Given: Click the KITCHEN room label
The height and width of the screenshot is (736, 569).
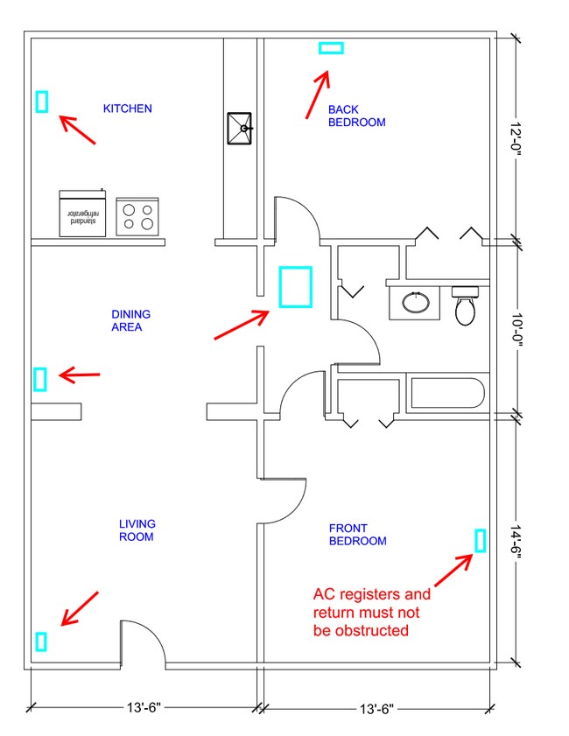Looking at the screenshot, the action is (127, 109).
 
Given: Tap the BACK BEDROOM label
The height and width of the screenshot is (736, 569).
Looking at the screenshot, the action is (357, 116).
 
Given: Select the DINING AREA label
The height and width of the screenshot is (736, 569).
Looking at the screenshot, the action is (131, 320).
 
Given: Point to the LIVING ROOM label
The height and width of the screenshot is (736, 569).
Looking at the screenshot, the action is (137, 530).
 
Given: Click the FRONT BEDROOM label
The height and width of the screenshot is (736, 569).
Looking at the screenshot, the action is (358, 535).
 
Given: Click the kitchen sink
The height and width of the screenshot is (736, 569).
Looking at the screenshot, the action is (240, 128).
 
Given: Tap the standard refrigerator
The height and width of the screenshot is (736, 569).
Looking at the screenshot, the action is (82, 214).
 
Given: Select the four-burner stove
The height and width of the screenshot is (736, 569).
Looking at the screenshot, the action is (137, 216).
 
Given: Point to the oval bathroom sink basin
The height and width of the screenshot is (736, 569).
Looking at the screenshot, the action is (416, 302).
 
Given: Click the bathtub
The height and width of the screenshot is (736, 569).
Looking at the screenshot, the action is (447, 393).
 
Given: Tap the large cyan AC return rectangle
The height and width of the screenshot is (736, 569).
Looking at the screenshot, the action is (296, 287).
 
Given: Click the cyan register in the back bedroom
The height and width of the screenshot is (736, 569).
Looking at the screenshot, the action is (331, 48).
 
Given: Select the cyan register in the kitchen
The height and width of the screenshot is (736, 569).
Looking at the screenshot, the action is (42, 102).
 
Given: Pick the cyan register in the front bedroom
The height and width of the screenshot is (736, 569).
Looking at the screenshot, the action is (480, 540).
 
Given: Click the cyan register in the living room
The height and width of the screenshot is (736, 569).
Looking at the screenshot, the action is (41, 641).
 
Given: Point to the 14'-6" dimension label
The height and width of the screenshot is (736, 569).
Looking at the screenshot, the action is (516, 542).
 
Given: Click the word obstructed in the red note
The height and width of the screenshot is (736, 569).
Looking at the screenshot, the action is (375, 630).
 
